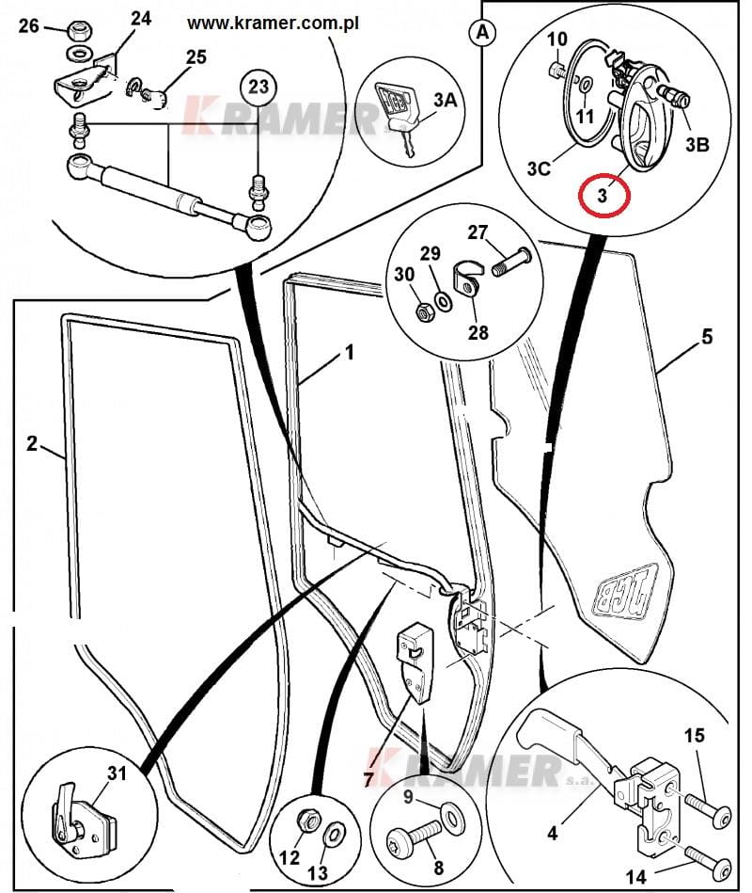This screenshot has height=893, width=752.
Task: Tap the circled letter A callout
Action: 482,32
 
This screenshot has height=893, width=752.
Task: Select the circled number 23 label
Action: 260,88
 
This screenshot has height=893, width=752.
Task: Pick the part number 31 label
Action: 117,773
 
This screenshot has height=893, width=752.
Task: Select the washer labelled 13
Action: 333,836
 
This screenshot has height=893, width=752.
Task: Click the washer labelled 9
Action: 454,818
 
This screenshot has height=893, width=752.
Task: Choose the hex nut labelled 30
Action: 424,307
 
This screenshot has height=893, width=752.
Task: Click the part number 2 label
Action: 32,443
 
